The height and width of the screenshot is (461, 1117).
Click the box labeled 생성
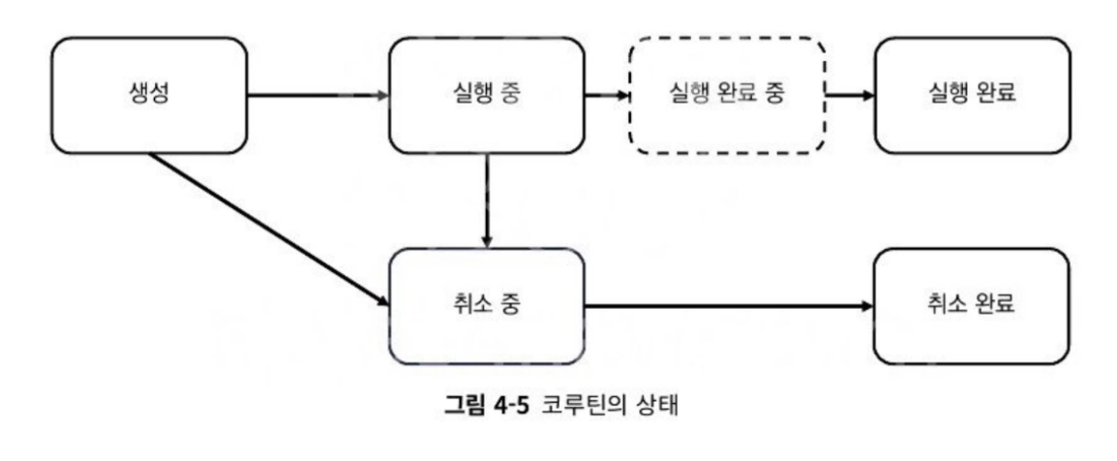point(146,95)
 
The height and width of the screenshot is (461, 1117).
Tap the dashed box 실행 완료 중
point(727,95)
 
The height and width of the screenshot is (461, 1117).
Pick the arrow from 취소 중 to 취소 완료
point(727,306)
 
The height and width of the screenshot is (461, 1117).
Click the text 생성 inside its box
point(146,95)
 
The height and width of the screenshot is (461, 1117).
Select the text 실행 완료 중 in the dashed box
point(727,95)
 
